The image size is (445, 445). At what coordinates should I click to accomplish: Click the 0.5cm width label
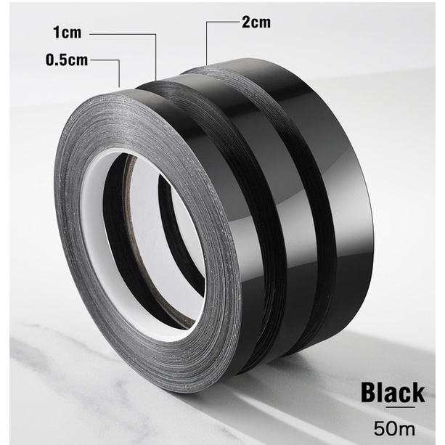67,60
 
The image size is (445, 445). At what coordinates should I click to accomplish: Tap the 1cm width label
68,33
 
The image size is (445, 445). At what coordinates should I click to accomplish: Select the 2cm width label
256,22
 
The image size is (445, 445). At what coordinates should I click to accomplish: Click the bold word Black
393,393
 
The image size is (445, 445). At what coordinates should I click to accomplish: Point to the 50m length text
394,428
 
